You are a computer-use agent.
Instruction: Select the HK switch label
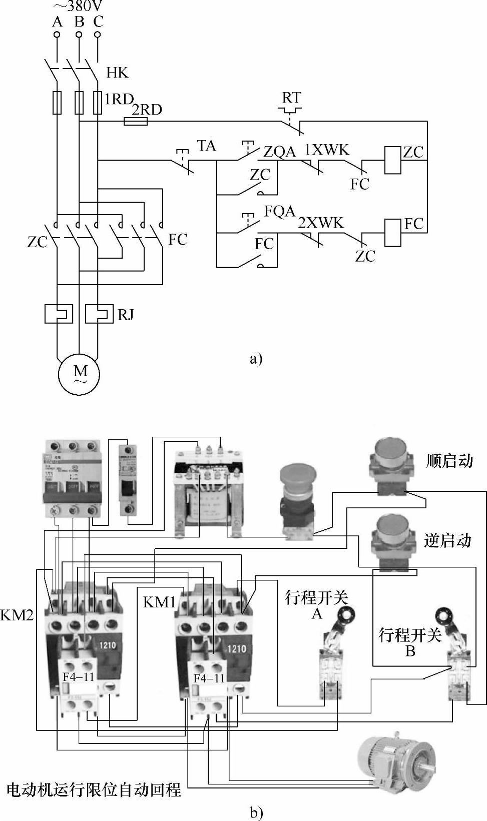pos(118,73)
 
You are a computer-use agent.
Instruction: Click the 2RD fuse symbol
pos(135,122)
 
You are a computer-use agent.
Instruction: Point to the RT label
pos(291,98)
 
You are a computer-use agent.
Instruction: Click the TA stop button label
pos(206,146)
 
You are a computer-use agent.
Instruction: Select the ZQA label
pos(279,152)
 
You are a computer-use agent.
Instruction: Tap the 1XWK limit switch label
pos(327,150)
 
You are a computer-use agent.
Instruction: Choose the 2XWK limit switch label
pos(321,223)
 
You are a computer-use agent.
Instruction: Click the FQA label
pos(280,212)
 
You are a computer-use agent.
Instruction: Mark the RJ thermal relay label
pos(126,315)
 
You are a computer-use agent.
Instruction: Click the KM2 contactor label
pos(17,615)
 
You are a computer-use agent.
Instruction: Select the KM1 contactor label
pos(159,602)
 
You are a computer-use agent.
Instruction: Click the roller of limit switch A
pos(344,614)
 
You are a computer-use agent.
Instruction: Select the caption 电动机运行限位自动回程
pos(94,790)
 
